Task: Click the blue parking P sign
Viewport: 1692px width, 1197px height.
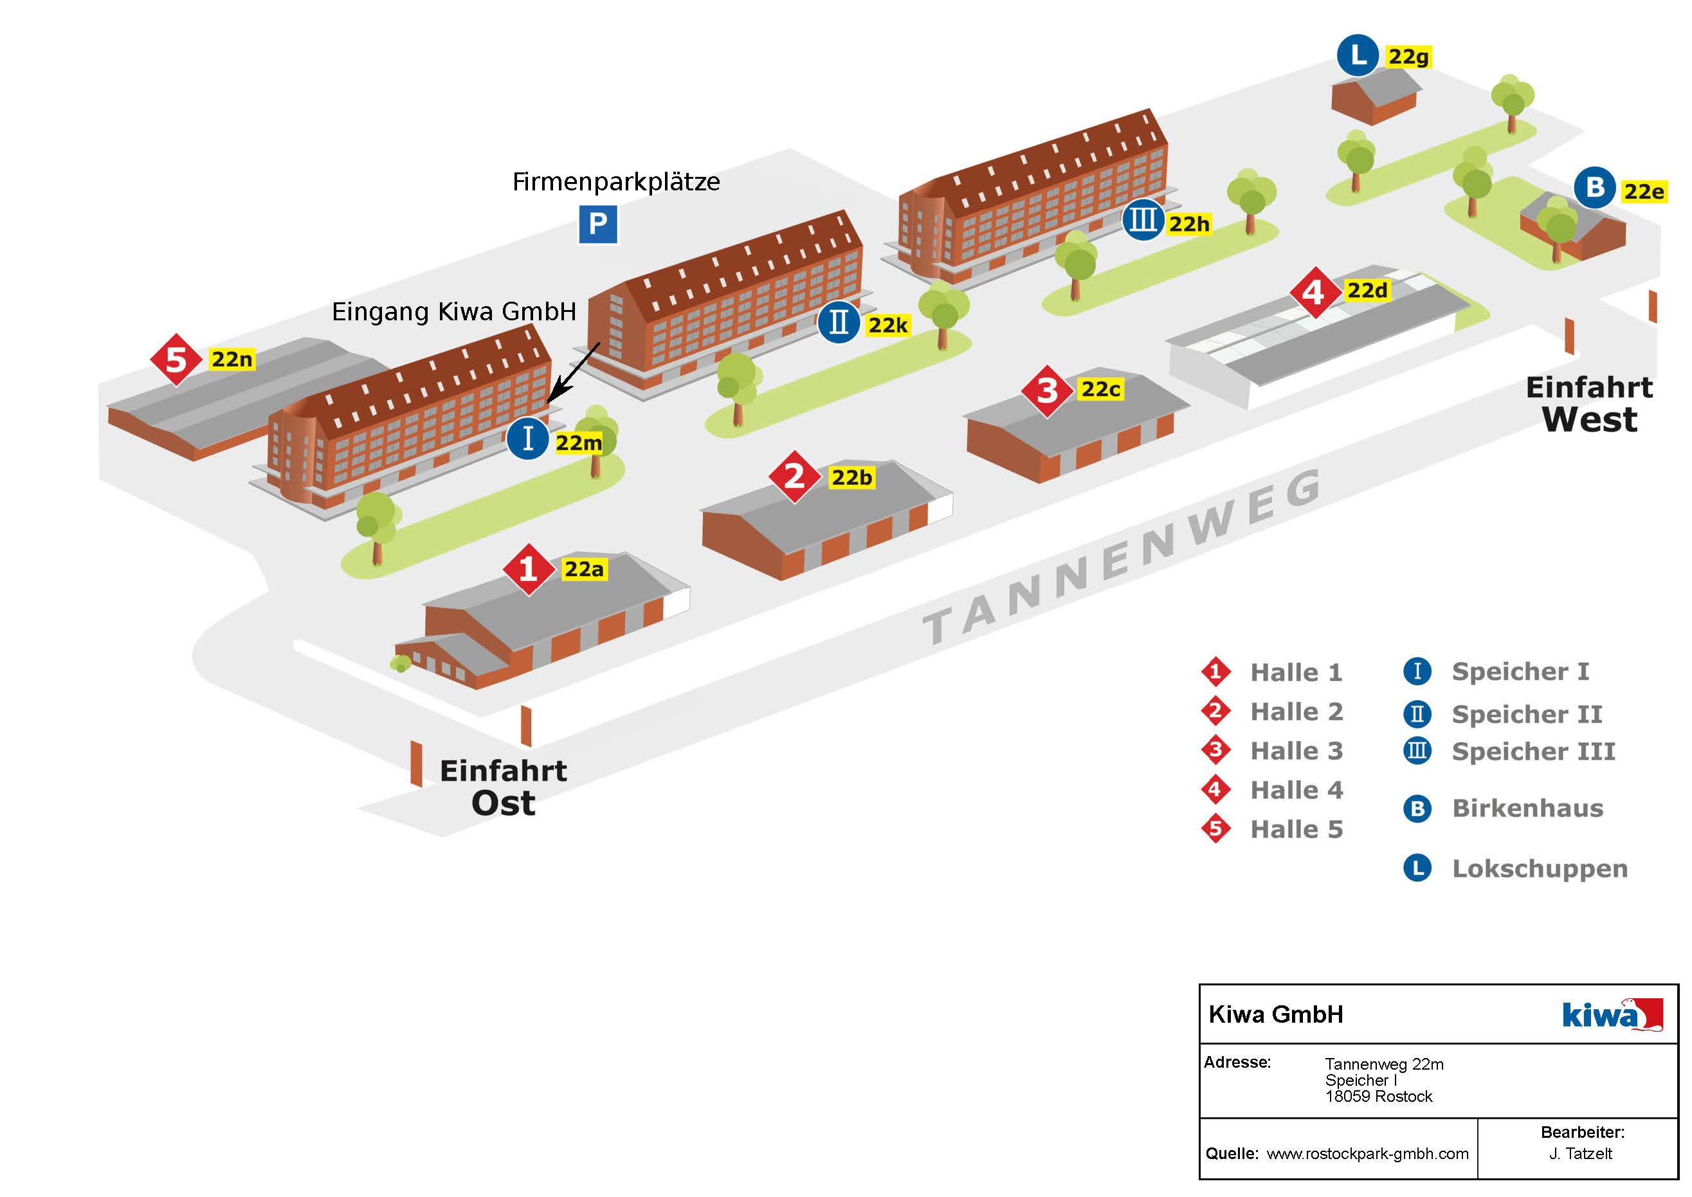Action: tap(597, 223)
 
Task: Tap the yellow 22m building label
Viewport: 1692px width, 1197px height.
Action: tap(579, 443)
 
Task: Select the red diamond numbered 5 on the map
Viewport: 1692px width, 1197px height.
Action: tap(176, 360)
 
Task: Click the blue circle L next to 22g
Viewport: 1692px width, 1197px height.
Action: tap(1358, 55)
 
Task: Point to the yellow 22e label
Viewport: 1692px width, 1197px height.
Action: tap(1643, 192)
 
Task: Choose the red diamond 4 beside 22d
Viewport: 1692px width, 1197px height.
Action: tap(1314, 293)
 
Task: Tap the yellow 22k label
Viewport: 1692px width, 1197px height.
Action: tap(887, 325)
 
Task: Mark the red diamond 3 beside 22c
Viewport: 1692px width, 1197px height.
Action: tap(1046, 390)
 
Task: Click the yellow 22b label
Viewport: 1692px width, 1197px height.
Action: tap(852, 478)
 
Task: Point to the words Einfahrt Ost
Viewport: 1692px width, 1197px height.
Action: tap(504, 787)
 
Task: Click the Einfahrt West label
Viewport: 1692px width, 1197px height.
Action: tap(1590, 404)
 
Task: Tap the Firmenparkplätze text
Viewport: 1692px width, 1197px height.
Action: tap(616, 181)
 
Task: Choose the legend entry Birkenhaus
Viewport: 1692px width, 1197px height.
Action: tap(1527, 808)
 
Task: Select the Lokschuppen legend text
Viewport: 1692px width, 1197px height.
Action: tap(1540, 868)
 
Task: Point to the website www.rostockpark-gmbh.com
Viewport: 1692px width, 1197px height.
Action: tap(1367, 1153)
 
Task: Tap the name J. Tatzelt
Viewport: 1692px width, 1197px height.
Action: tap(1581, 1153)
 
